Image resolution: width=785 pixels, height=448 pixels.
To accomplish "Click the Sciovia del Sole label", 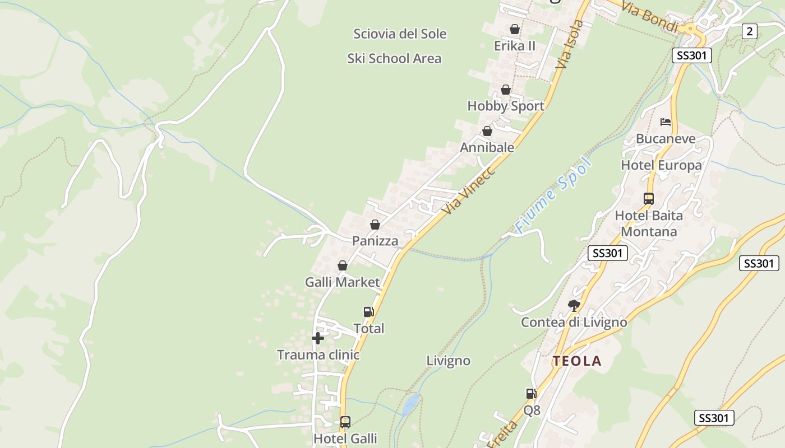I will coord(400,34).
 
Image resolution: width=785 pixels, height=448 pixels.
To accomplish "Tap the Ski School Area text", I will coord(394,58).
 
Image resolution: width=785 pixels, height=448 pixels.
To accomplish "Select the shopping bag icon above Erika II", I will coord(515,29).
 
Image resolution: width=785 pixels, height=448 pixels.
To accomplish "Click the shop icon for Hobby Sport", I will coord(506,90).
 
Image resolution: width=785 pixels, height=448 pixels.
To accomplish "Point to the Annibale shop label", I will coord(487,147).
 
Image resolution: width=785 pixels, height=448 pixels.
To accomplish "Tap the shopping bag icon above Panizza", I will coord(375,225).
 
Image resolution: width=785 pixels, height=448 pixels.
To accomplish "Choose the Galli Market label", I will coord(343,282).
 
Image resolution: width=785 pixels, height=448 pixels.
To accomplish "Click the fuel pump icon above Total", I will coord(368,312).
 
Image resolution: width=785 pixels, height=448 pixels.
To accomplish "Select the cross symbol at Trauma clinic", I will coord(318,338).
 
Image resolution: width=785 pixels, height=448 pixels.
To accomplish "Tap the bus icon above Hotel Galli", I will coord(345,422).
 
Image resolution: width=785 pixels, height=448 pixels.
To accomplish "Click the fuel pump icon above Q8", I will coord(531,394).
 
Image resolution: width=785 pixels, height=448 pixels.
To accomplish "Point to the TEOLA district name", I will coord(577,361).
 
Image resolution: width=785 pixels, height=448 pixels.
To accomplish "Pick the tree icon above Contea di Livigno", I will coord(574,306).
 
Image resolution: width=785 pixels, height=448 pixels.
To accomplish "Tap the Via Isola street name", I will coord(570,45).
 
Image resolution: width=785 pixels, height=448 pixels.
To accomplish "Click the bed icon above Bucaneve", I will coord(666,122).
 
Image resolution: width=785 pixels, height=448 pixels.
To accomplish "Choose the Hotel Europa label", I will coord(661,165).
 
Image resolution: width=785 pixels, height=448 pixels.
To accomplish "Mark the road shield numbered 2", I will coord(750,31).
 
